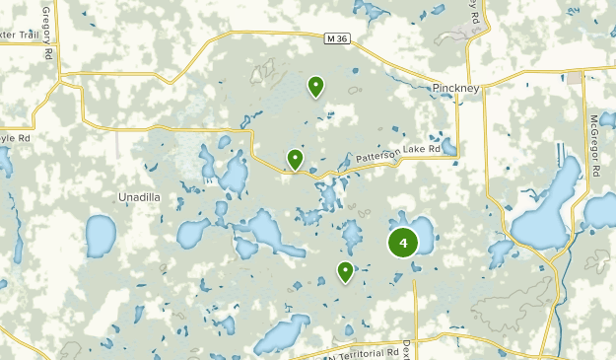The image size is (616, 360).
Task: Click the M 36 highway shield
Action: (337, 37)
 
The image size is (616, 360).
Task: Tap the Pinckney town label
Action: (456, 88)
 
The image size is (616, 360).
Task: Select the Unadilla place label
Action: (139, 196)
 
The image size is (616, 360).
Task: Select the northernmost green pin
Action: (315, 87)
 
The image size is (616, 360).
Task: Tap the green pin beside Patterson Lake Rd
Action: (295, 158)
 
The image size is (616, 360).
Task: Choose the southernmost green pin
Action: (345, 271)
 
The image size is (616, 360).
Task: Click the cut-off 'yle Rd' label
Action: (16, 138)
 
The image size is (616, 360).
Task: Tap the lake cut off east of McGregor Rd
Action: (601, 211)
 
